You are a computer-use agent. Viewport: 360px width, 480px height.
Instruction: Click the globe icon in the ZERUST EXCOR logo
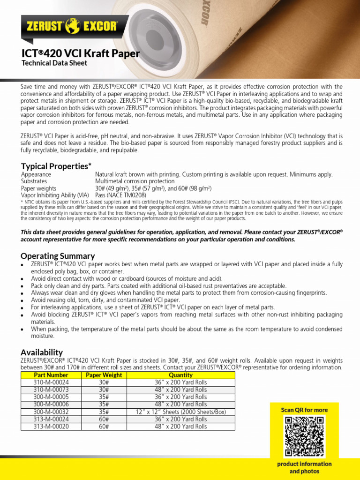click(x=73, y=25)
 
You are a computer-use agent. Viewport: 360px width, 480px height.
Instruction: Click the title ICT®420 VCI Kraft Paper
click(x=80, y=53)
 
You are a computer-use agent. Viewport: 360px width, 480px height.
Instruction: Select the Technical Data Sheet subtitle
click(x=54, y=63)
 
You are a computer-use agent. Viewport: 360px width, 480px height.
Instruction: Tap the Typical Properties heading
click(x=56, y=166)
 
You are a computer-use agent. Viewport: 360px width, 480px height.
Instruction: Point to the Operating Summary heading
click(x=58, y=256)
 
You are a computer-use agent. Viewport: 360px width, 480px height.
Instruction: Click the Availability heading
click(x=42, y=352)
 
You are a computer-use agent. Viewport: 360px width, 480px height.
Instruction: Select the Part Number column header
click(x=51, y=375)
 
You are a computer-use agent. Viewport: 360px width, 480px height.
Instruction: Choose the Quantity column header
click(x=181, y=375)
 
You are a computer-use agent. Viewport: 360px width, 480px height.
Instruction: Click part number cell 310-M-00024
click(x=51, y=382)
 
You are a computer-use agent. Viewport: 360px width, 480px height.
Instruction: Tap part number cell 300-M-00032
click(x=51, y=412)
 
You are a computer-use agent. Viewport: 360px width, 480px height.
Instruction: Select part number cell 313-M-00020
click(x=51, y=427)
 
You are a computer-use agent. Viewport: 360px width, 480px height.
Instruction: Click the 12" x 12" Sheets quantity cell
click(x=181, y=412)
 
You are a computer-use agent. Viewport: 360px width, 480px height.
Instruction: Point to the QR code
click(x=304, y=436)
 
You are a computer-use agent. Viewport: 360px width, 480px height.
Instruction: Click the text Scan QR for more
click(x=304, y=410)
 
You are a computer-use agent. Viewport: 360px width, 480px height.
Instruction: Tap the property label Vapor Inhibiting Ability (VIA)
click(x=55, y=195)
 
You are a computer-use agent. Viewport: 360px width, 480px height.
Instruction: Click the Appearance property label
click(x=36, y=174)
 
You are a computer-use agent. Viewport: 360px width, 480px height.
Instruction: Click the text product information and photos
click(x=304, y=467)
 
